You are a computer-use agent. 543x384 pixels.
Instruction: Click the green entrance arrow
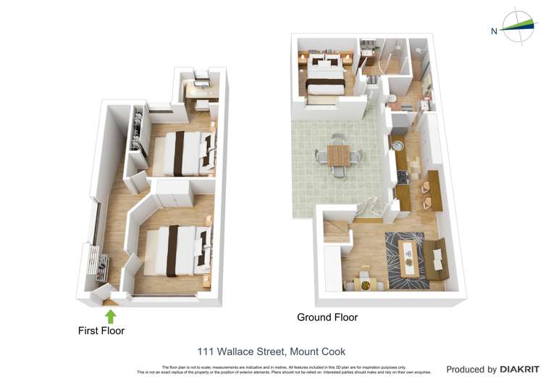pyautogui.click(x=111, y=316)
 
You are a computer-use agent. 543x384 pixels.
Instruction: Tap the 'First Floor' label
pyautogui.click(x=101, y=331)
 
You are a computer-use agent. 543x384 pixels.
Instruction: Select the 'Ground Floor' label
pyautogui.click(x=327, y=317)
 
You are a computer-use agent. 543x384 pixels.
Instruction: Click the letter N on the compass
pyautogui.click(x=494, y=31)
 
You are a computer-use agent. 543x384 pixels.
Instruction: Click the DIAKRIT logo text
pyautogui.click(x=519, y=370)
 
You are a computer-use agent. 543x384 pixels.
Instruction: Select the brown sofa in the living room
pyautogui.click(x=437, y=259)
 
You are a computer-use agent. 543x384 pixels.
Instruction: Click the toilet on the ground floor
pyautogui.click(x=390, y=99)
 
